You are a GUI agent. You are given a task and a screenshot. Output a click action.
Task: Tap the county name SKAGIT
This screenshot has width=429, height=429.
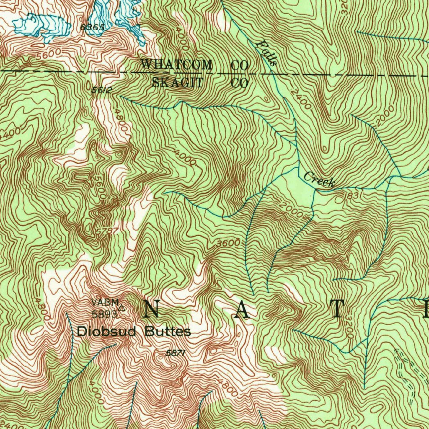(177, 83)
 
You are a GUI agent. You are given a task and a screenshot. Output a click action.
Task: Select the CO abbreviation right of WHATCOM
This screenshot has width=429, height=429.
(240, 65)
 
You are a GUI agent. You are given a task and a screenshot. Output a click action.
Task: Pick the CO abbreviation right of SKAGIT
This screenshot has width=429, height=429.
(240, 83)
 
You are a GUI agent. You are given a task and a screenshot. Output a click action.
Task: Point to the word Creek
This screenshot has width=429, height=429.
(319, 179)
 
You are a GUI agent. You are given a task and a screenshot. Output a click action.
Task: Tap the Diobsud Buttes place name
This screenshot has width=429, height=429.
(134, 332)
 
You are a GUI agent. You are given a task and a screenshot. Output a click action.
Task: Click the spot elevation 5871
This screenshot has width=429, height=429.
(176, 353)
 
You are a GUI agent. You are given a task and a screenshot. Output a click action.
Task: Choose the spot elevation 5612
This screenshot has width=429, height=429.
(102, 89)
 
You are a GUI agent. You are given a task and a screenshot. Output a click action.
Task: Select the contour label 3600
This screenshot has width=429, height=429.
(229, 243)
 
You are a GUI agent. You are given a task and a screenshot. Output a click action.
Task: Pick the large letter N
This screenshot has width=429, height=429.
(152, 310)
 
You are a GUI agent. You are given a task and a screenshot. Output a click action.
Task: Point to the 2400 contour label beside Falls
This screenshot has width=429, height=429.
(301, 99)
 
